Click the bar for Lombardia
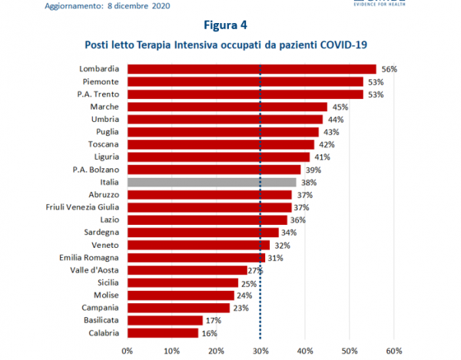coord(251,69)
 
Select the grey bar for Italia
coord(211,182)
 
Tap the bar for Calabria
coord(162,333)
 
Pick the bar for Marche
coord(227,107)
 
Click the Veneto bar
coord(198,245)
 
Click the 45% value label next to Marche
coord(340,107)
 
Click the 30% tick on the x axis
coord(260,352)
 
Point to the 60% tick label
coord(394,352)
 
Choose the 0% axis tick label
coord(128,352)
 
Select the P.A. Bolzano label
coord(95,170)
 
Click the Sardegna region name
coord(101,233)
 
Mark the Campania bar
coord(178,308)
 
